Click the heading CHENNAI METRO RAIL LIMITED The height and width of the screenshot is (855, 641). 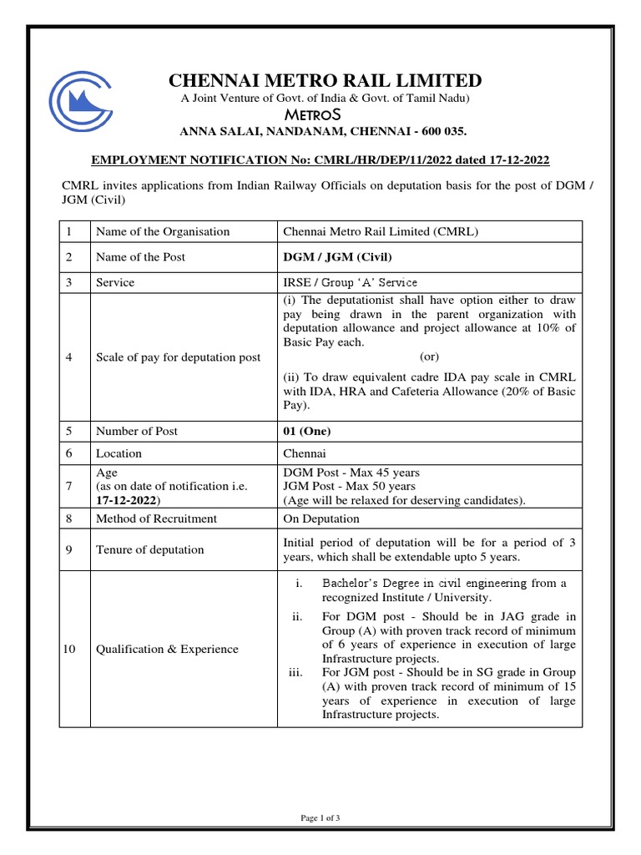pos(326,80)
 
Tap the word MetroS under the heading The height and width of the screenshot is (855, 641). pos(326,114)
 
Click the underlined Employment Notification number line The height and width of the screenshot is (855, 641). pos(320,159)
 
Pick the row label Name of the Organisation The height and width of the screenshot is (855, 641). pos(163,231)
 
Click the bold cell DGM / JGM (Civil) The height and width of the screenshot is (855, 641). pos(337,257)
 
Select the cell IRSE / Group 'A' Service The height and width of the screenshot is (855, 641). pos(351,283)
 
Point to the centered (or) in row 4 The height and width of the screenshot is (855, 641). pos(430,357)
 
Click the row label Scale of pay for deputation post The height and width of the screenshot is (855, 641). pos(178,357)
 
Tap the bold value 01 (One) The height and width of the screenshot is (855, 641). pos(307,432)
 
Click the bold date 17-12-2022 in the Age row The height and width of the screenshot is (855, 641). pos(127,499)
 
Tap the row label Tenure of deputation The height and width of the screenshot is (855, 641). pos(149,549)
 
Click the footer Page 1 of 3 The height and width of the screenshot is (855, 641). pos(320,818)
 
